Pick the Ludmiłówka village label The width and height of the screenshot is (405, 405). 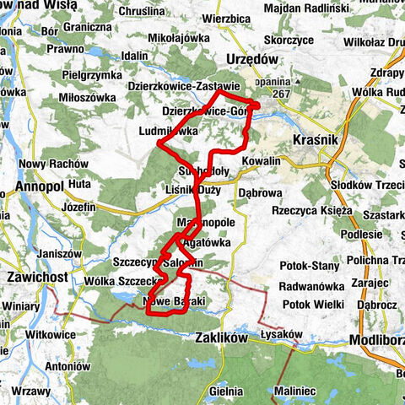pos(169,132)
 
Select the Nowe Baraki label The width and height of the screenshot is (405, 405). pos(175,301)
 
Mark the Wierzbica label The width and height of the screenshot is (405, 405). pos(226,17)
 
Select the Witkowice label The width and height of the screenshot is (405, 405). pos(51,334)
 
